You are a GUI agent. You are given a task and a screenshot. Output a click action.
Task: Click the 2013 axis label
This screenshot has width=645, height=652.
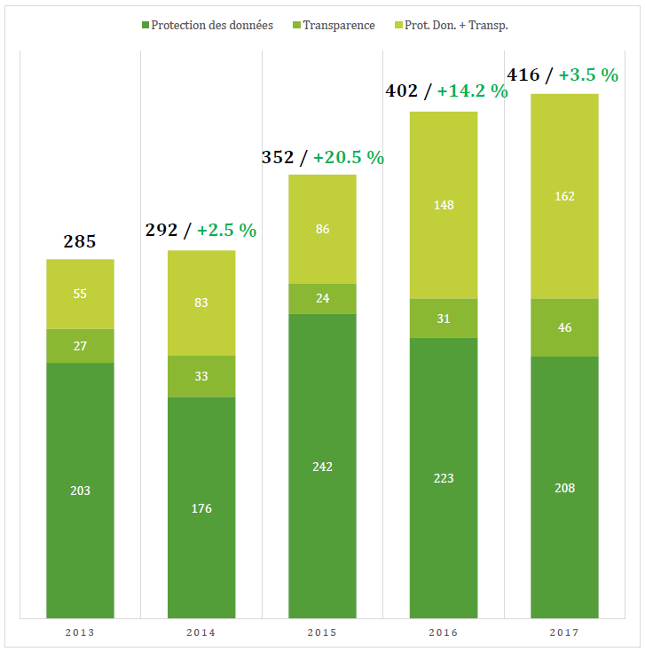click(x=80, y=632)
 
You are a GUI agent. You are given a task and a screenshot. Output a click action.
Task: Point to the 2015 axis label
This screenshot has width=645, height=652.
click(x=322, y=632)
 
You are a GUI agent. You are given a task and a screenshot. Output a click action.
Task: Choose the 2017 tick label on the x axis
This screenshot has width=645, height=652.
click(x=564, y=632)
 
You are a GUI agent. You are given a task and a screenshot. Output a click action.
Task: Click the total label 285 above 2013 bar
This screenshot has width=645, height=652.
click(x=80, y=241)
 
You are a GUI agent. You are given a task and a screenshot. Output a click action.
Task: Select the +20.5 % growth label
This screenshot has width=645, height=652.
click(x=349, y=157)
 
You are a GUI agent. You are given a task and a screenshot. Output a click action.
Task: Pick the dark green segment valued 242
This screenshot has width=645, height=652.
click(x=322, y=466)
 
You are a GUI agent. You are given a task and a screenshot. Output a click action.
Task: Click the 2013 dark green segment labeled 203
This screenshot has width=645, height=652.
click(x=80, y=490)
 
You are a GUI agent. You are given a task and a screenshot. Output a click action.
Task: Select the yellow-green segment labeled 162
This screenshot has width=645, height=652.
click(x=564, y=196)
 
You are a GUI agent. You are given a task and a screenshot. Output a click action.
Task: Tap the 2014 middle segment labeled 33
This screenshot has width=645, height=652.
click(x=201, y=376)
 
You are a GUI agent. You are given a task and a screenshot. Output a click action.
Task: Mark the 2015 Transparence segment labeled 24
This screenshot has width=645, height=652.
click(x=322, y=298)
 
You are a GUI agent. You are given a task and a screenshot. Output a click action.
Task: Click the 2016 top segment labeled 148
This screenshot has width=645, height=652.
click(x=444, y=205)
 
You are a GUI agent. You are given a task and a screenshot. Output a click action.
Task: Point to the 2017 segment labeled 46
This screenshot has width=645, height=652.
click(x=564, y=327)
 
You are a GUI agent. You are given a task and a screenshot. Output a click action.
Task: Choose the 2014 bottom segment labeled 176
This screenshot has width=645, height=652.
click(x=201, y=507)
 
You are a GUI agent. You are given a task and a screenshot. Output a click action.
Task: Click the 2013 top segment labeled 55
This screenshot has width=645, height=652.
click(x=80, y=294)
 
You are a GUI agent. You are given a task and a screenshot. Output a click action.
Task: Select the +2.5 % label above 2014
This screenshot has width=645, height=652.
click(x=226, y=230)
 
